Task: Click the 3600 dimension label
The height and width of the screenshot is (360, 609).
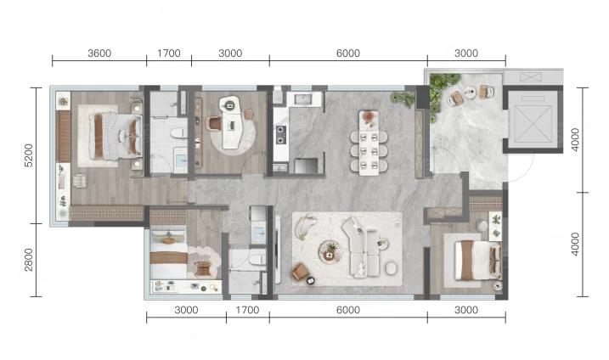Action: tap(99, 53)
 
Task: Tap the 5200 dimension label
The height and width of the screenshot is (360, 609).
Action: tap(29, 155)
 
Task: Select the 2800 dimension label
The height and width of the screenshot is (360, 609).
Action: tap(29, 260)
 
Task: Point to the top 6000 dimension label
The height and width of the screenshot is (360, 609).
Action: tap(348, 53)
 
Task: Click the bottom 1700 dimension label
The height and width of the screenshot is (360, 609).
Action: tap(247, 310)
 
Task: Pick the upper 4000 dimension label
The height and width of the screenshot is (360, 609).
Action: tap(575, 140)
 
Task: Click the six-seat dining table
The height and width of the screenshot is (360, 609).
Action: tap(369, 143)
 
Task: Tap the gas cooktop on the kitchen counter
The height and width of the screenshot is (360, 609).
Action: tap(280, 135)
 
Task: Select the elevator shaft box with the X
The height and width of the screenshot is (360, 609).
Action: tap(533, 121)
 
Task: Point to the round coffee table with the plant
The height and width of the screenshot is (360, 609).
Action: tap(330, 251)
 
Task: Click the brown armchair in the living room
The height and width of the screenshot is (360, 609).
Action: tap(300, 272)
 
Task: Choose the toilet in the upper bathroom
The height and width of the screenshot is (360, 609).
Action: tap(178, 133)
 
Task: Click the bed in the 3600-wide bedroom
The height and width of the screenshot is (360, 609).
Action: tap(115, 136)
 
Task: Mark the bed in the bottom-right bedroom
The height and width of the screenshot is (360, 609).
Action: tap(477, 260)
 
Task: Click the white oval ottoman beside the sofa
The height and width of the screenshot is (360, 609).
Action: tap(391, 268)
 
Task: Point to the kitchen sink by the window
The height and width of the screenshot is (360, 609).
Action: tap(304, 99)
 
